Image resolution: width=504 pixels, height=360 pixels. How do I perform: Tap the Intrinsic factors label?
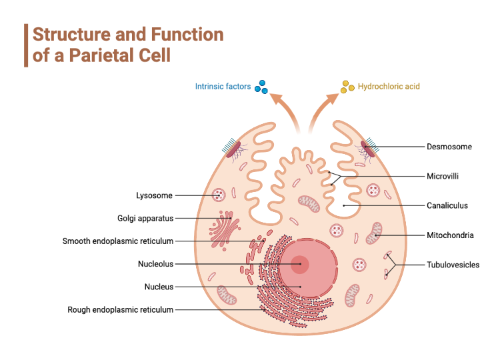click(222, 86)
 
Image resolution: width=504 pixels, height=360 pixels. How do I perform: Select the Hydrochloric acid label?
click(389, 86)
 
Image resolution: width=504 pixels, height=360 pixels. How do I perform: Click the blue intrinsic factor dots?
click(261, 86)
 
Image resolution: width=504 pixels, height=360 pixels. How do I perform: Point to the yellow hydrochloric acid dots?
click(347, 87)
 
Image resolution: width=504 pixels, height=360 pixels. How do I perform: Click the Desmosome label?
click(449, 146)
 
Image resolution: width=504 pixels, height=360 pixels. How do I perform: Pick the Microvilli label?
click(443, 177)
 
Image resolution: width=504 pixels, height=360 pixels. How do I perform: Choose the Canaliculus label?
click(447, 205)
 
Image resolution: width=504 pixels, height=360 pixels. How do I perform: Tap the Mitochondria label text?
click(450, 235)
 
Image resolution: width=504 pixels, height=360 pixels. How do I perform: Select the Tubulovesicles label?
click(453, 265)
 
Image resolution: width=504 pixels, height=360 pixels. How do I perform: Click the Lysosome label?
click(154, 195)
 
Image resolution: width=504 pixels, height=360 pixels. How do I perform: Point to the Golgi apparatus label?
click(145, 218)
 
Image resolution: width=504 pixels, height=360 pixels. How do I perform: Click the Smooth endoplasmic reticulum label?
click(118, 241)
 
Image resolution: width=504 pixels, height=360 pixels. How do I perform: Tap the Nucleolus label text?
click(155, 264)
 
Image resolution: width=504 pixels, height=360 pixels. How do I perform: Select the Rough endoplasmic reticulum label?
click(120, 309)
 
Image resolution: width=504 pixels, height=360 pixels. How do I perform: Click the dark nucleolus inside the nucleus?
click(300, 264)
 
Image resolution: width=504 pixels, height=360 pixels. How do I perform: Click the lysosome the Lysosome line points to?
click(219, 195)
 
